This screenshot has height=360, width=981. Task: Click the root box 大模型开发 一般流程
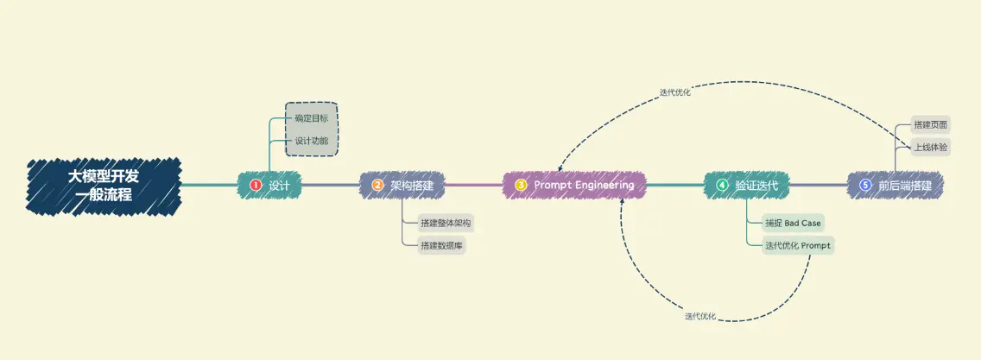point(104,186)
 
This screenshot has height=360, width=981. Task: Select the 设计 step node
point(269,186)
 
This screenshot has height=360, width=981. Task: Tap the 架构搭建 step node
point(402,186)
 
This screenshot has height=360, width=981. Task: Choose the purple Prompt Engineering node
point(574,185)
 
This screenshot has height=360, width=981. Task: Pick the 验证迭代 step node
point(746,186)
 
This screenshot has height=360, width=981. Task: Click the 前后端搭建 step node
point(896,186)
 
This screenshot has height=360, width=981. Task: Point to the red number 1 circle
point(256,186)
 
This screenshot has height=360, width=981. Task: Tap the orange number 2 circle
point(377,186)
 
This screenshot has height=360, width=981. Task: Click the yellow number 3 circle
point(521,186)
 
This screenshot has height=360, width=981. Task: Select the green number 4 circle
point(722,186)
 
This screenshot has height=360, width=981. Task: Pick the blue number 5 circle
point(865,186)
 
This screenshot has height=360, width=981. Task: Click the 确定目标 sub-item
point(312,118)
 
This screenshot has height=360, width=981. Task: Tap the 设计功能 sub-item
point(312,141)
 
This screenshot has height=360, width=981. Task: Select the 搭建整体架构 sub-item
point(446,223)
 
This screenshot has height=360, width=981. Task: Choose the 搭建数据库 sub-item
point(441,246)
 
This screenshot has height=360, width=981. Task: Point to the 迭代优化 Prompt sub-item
point(798,246)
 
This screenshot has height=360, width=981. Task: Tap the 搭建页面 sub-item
point(930,125)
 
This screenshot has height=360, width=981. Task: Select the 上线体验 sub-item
point(930,148)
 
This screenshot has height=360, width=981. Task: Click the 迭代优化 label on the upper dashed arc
point(675,92)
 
